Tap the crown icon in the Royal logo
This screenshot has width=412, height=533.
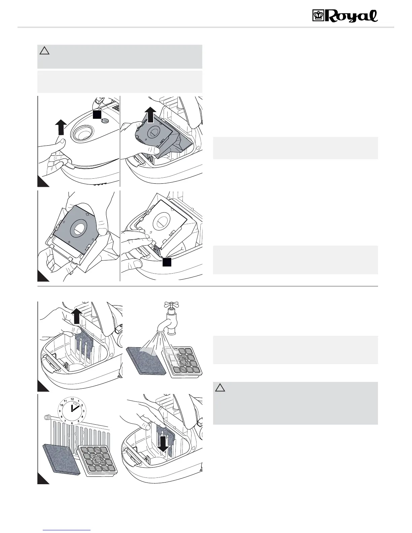tap(318, 16)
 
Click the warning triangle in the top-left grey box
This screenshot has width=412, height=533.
tap(44, 51)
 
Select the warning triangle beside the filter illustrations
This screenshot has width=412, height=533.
tap(220, 388)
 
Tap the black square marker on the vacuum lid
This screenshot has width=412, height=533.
tap(97, 114)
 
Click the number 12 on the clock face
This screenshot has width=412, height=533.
tap(72, 399)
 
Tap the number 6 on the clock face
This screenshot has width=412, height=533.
tap(72, 423)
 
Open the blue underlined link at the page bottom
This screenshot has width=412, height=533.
tap(67, 530)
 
